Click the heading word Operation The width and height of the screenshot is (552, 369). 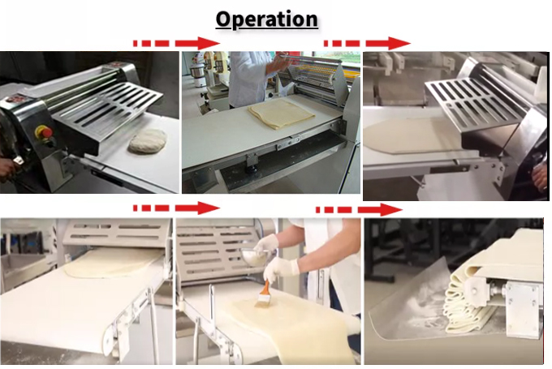(x=266, y=19)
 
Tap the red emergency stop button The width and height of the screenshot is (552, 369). (x=44, y=133)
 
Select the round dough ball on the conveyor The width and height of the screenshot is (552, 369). (x=148, y=140)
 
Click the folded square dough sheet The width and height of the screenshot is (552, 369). (x=281, y=113)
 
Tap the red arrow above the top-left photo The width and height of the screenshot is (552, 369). (x=177, y=43)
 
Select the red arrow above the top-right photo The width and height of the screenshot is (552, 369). (x=367, y=43)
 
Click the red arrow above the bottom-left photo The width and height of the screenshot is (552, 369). (x=177, y=208)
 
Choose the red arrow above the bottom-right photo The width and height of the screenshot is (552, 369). (x=359, y=210)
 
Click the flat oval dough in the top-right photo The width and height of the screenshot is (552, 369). (x=416, y=135)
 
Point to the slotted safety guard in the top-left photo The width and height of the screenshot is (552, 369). (x=108, y=106)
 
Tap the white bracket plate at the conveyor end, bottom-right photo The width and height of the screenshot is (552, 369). (x=522, y=307)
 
